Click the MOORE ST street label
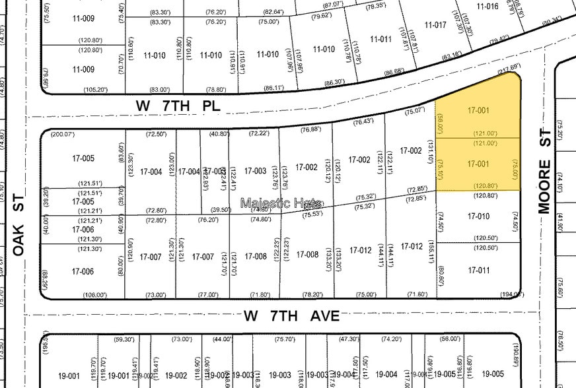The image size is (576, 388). [544, 186]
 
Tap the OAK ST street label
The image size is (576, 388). [19, 225]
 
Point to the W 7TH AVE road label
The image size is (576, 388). [291, 317]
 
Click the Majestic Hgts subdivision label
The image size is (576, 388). [281, 203]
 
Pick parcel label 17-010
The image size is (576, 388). [478, 216]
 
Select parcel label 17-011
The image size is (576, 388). [478, 271]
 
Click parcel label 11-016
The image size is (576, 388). [487, 6]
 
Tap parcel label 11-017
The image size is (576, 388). [436, 25]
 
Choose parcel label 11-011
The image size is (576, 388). [380, 39]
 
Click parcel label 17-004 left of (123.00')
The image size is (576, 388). [151, 172]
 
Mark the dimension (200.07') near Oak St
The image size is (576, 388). [63, 134]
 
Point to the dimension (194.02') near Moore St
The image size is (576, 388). [512, 294]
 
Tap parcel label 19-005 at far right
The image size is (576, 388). [493, 373]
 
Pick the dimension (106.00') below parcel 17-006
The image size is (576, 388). [95, 294]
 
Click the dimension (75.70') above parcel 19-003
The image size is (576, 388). [285, 339]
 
